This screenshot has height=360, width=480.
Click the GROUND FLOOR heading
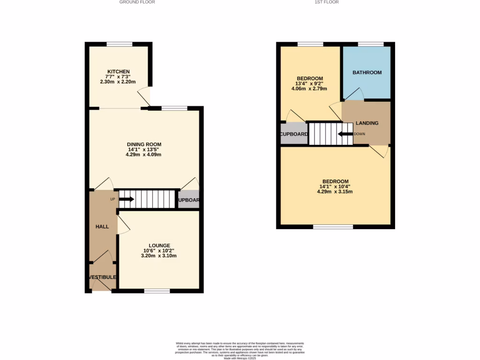tap(137, 2)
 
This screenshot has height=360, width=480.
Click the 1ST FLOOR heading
tap(327, 2)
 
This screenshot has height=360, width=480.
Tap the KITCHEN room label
tap(118, 72)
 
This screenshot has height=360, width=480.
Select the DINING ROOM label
tap(144, 144)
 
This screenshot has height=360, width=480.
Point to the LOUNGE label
tap(159, 245)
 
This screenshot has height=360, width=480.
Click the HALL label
tap(102, 227)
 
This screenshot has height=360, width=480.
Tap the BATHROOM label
tap(367, 73)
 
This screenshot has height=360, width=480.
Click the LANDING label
tap(367, 123)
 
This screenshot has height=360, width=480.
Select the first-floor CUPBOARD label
tap(294, 135)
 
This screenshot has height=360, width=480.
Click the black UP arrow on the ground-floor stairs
tap(126, 199)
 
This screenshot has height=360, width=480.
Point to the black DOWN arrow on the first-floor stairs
tap(345, 134)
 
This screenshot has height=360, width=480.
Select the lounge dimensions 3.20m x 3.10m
tap(159, 256)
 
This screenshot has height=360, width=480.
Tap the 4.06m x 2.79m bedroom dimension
tap(309, 89)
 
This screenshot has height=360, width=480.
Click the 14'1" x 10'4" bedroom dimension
tap(335, 187)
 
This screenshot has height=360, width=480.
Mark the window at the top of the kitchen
tap(119, 45)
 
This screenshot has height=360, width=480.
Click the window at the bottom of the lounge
tap(157, 291)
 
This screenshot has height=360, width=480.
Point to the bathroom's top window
tap(371, 45)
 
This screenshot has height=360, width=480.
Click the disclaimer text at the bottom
tap(240, 351)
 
